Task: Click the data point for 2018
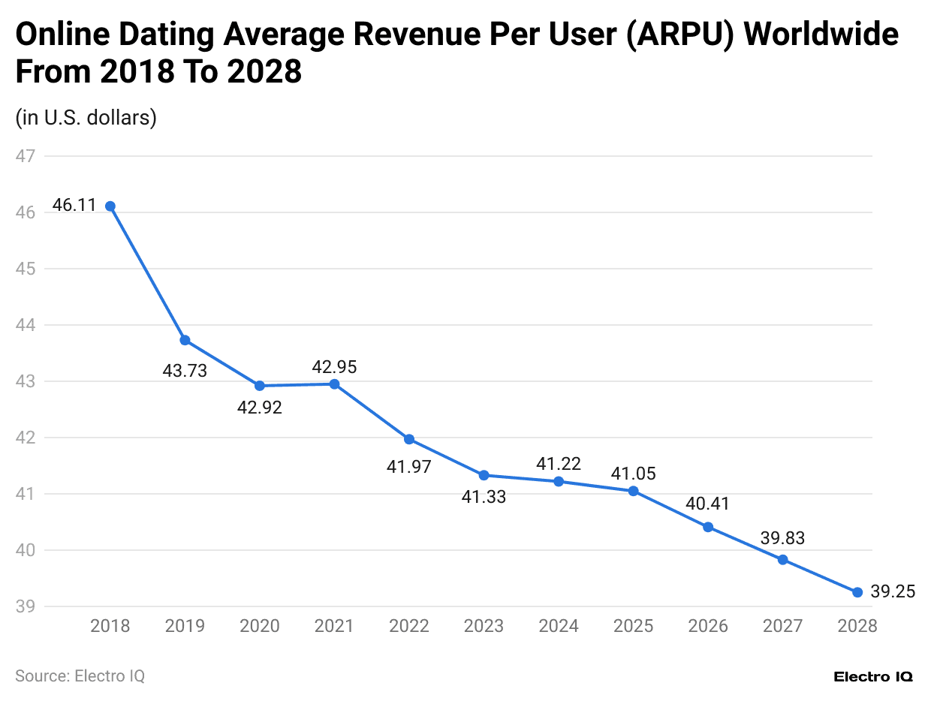point(110,206)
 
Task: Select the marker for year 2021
point(335,384)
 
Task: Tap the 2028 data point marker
point(857,592)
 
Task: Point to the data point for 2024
point(559,481)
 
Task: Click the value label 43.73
point(185,370)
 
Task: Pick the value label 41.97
point(409,467)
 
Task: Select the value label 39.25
point(893,591)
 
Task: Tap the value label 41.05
point(633,474)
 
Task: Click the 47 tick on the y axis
point(26,156)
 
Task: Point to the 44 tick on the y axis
point(26,325)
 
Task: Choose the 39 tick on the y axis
point(26,606)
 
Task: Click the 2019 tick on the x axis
point(185,626)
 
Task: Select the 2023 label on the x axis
point(484,626)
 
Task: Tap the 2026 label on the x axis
point(707,626)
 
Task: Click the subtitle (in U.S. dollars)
point(86,118)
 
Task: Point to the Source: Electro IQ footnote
point(80,675)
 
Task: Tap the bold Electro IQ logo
point(873,676)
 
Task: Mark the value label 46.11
point(74,206)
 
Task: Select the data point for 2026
point(707,527)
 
